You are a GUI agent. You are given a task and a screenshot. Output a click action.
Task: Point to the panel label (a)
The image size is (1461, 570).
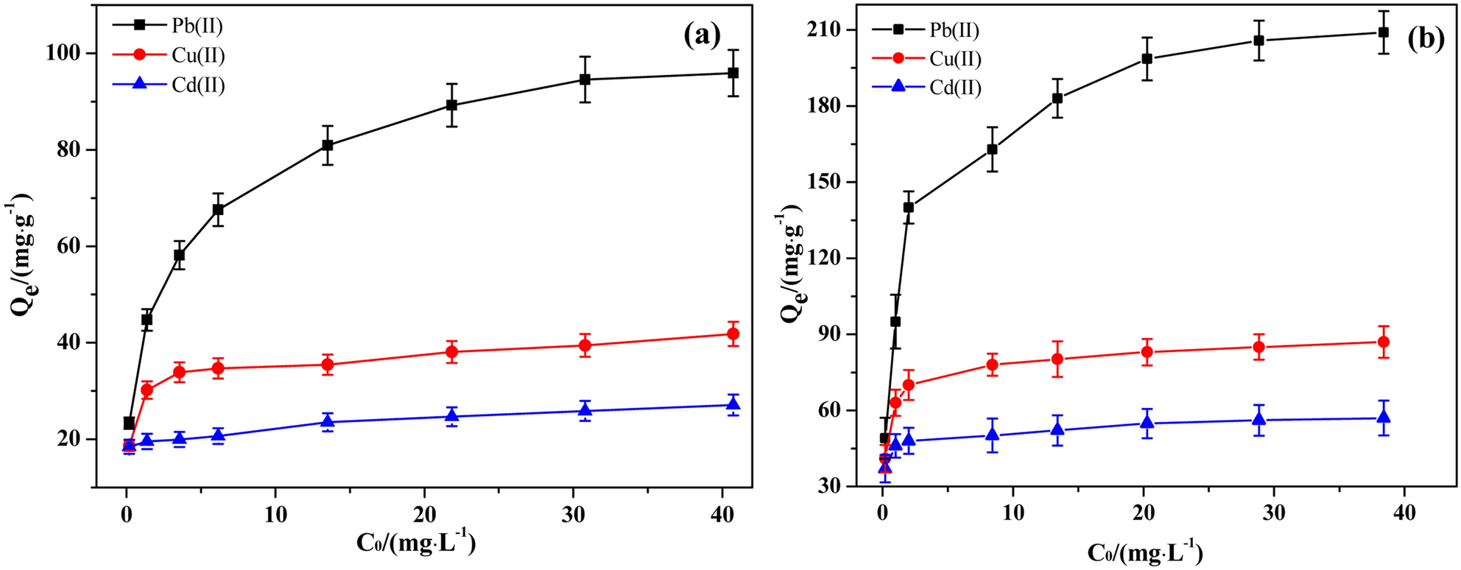701,35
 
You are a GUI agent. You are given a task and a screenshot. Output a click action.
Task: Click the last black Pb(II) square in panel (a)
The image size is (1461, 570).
733,73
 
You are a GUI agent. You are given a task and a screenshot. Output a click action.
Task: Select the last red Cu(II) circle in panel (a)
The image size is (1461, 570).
733,334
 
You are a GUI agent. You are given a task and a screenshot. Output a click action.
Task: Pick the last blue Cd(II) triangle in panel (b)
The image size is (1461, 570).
1383,417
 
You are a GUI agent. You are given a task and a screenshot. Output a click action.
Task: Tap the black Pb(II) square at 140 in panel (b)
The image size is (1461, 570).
909,208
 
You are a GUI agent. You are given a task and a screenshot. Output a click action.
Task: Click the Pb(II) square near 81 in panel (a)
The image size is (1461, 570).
327,145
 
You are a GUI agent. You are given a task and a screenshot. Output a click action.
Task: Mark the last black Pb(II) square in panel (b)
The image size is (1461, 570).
1383,32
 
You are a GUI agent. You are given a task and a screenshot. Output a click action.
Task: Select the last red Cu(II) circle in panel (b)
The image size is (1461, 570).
1383,342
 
